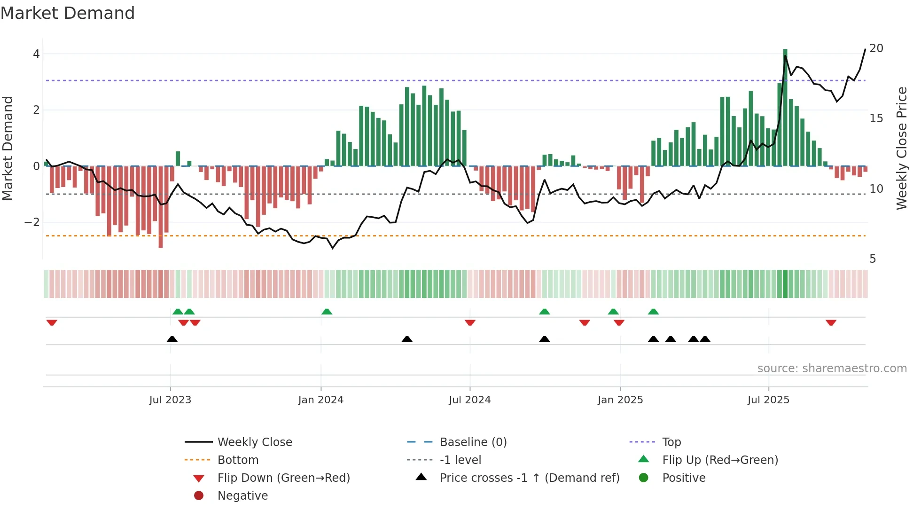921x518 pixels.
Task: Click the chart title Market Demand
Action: click(x=68, y=13)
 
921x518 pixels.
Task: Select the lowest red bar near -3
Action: click(x=161, y=207)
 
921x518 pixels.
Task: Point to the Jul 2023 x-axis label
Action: click(x=170, y=400)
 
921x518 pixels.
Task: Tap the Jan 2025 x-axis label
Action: click(x=620, y=400)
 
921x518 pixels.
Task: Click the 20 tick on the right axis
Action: click(x=876, y=48)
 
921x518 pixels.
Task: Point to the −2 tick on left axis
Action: click(x=32, y=222)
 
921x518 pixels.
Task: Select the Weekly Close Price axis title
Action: click(x=901, y=148)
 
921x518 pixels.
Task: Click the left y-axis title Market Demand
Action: click(x=8, y=148)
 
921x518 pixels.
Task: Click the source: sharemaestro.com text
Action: click(x=832, y=369)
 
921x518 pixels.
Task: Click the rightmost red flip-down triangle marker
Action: click(x=831, y=322)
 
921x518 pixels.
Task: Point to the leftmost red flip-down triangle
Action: click(x=52, y=322)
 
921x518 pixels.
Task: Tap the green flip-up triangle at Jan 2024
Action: click(x=327, y=312)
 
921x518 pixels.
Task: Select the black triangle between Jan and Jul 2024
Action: click(x=407, y=339)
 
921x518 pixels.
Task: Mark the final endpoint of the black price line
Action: click(x=865, y=49)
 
